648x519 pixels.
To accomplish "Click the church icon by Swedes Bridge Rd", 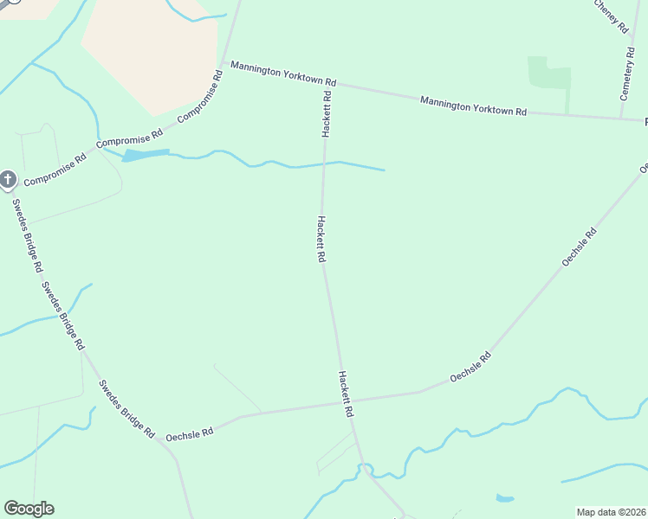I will coord(8,179).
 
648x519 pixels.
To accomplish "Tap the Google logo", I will coord(29,509).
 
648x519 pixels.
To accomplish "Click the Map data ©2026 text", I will coord(612,512).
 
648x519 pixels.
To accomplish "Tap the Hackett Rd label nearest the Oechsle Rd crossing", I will coord(346,394).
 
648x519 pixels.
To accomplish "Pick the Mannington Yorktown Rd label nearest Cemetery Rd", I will coord(473,106).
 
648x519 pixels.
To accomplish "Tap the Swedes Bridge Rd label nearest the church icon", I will coord(27,235).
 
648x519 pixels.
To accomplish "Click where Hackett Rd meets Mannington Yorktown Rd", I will coord(328,84).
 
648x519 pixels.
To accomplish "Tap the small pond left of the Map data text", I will coord(504,498).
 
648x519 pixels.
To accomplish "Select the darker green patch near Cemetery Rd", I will coord(549,74).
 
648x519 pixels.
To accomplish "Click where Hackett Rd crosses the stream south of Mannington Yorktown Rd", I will coord(325,163).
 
